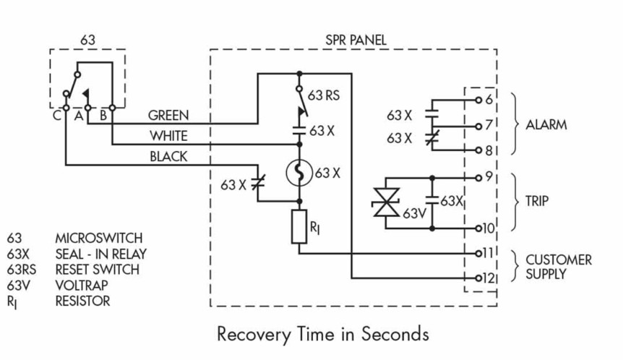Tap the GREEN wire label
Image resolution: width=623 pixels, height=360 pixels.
(x=168, y=115)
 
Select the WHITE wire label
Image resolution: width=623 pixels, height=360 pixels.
(x=168, y=135)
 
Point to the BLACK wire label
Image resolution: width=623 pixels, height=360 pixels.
(x=168, y=155)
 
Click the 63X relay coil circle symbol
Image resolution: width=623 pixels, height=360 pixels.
(x=299, y=173)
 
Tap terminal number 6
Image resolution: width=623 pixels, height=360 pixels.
(x=489, y=99)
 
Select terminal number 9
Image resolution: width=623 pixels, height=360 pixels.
(x=489, y=176)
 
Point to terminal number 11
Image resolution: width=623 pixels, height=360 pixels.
(x=488, y=254)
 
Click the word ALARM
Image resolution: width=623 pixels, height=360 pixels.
(x=546, y=125)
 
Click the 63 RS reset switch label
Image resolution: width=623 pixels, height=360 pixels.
(x=325, y=95)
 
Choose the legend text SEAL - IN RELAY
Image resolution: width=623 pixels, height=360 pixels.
(x=100, y=254)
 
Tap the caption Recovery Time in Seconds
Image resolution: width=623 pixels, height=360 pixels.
(x=322, y=334)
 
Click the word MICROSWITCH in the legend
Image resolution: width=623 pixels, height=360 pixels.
(x=99, y=238)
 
